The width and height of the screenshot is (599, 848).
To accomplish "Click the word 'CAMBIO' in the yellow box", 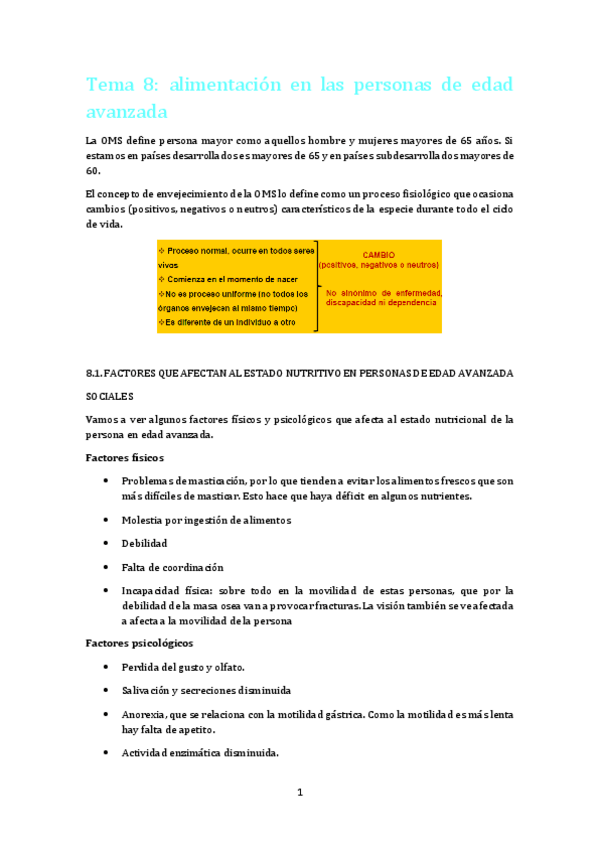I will pos(378,254).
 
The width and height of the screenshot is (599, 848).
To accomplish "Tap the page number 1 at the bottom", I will pos(299,793).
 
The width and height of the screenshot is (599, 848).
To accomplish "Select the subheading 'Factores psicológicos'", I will pos(141,642).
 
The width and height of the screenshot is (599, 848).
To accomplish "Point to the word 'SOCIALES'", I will pos(110,396).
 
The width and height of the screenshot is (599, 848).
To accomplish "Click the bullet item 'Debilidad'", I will pos(144,543).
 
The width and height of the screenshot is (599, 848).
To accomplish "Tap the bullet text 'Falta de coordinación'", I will pos(172,567).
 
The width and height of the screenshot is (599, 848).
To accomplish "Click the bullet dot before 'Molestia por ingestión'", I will pos(106,520).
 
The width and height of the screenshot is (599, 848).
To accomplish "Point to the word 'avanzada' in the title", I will pos(127,110).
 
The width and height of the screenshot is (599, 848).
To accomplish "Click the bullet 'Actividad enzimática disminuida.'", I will pos(200,753).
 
